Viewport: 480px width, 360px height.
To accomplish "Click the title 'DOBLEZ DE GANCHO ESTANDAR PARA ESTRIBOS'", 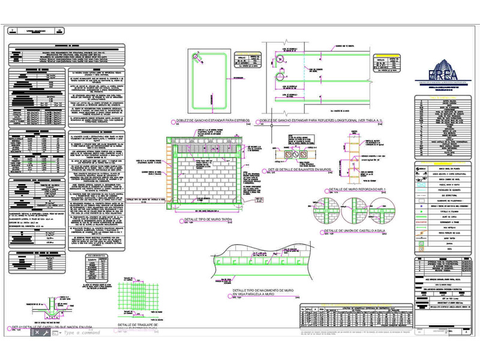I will (x=212, y=120).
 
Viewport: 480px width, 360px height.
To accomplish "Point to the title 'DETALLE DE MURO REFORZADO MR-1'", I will (x=357, y=190).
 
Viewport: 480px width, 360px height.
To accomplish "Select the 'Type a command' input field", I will (x=84, y=332).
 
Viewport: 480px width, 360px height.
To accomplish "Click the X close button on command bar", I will (x=37, y=332).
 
